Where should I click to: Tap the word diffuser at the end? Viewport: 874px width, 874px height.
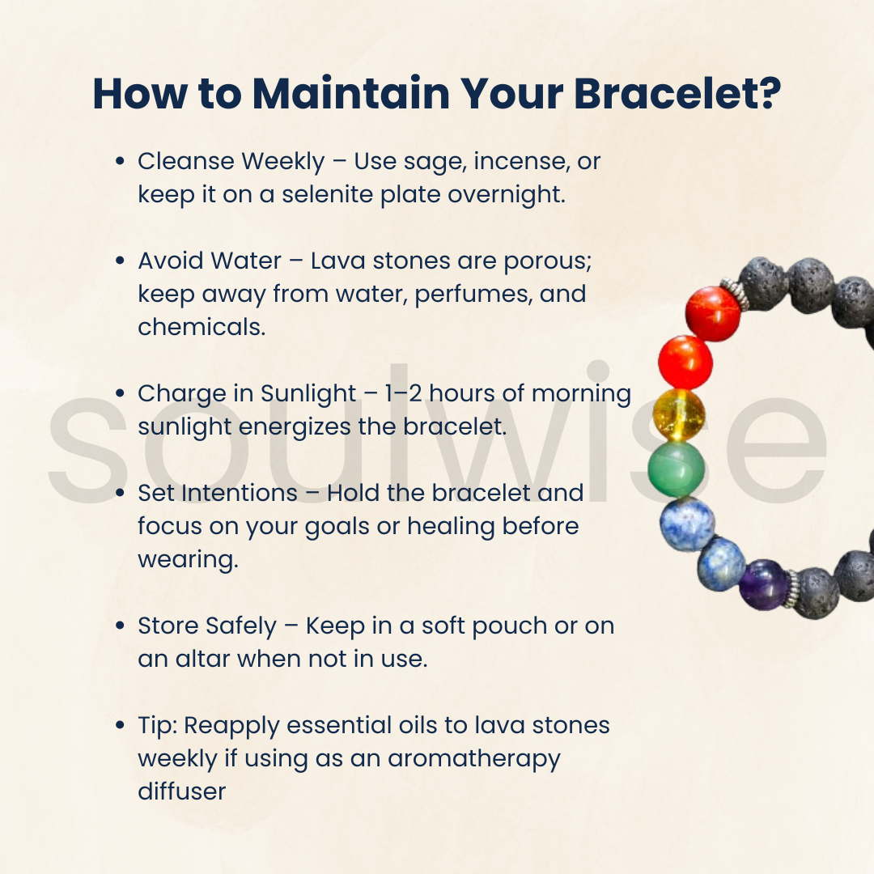point(181,791)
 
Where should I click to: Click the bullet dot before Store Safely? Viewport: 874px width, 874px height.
point(120,626)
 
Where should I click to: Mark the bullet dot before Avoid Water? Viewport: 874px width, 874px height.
point(120,261)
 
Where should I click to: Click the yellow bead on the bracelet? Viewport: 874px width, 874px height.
point(679,414)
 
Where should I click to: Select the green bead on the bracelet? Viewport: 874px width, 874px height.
point(677,469)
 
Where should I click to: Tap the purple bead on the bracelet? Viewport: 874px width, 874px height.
point(764,584)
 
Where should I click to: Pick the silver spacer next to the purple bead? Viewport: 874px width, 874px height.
point(792,588)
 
